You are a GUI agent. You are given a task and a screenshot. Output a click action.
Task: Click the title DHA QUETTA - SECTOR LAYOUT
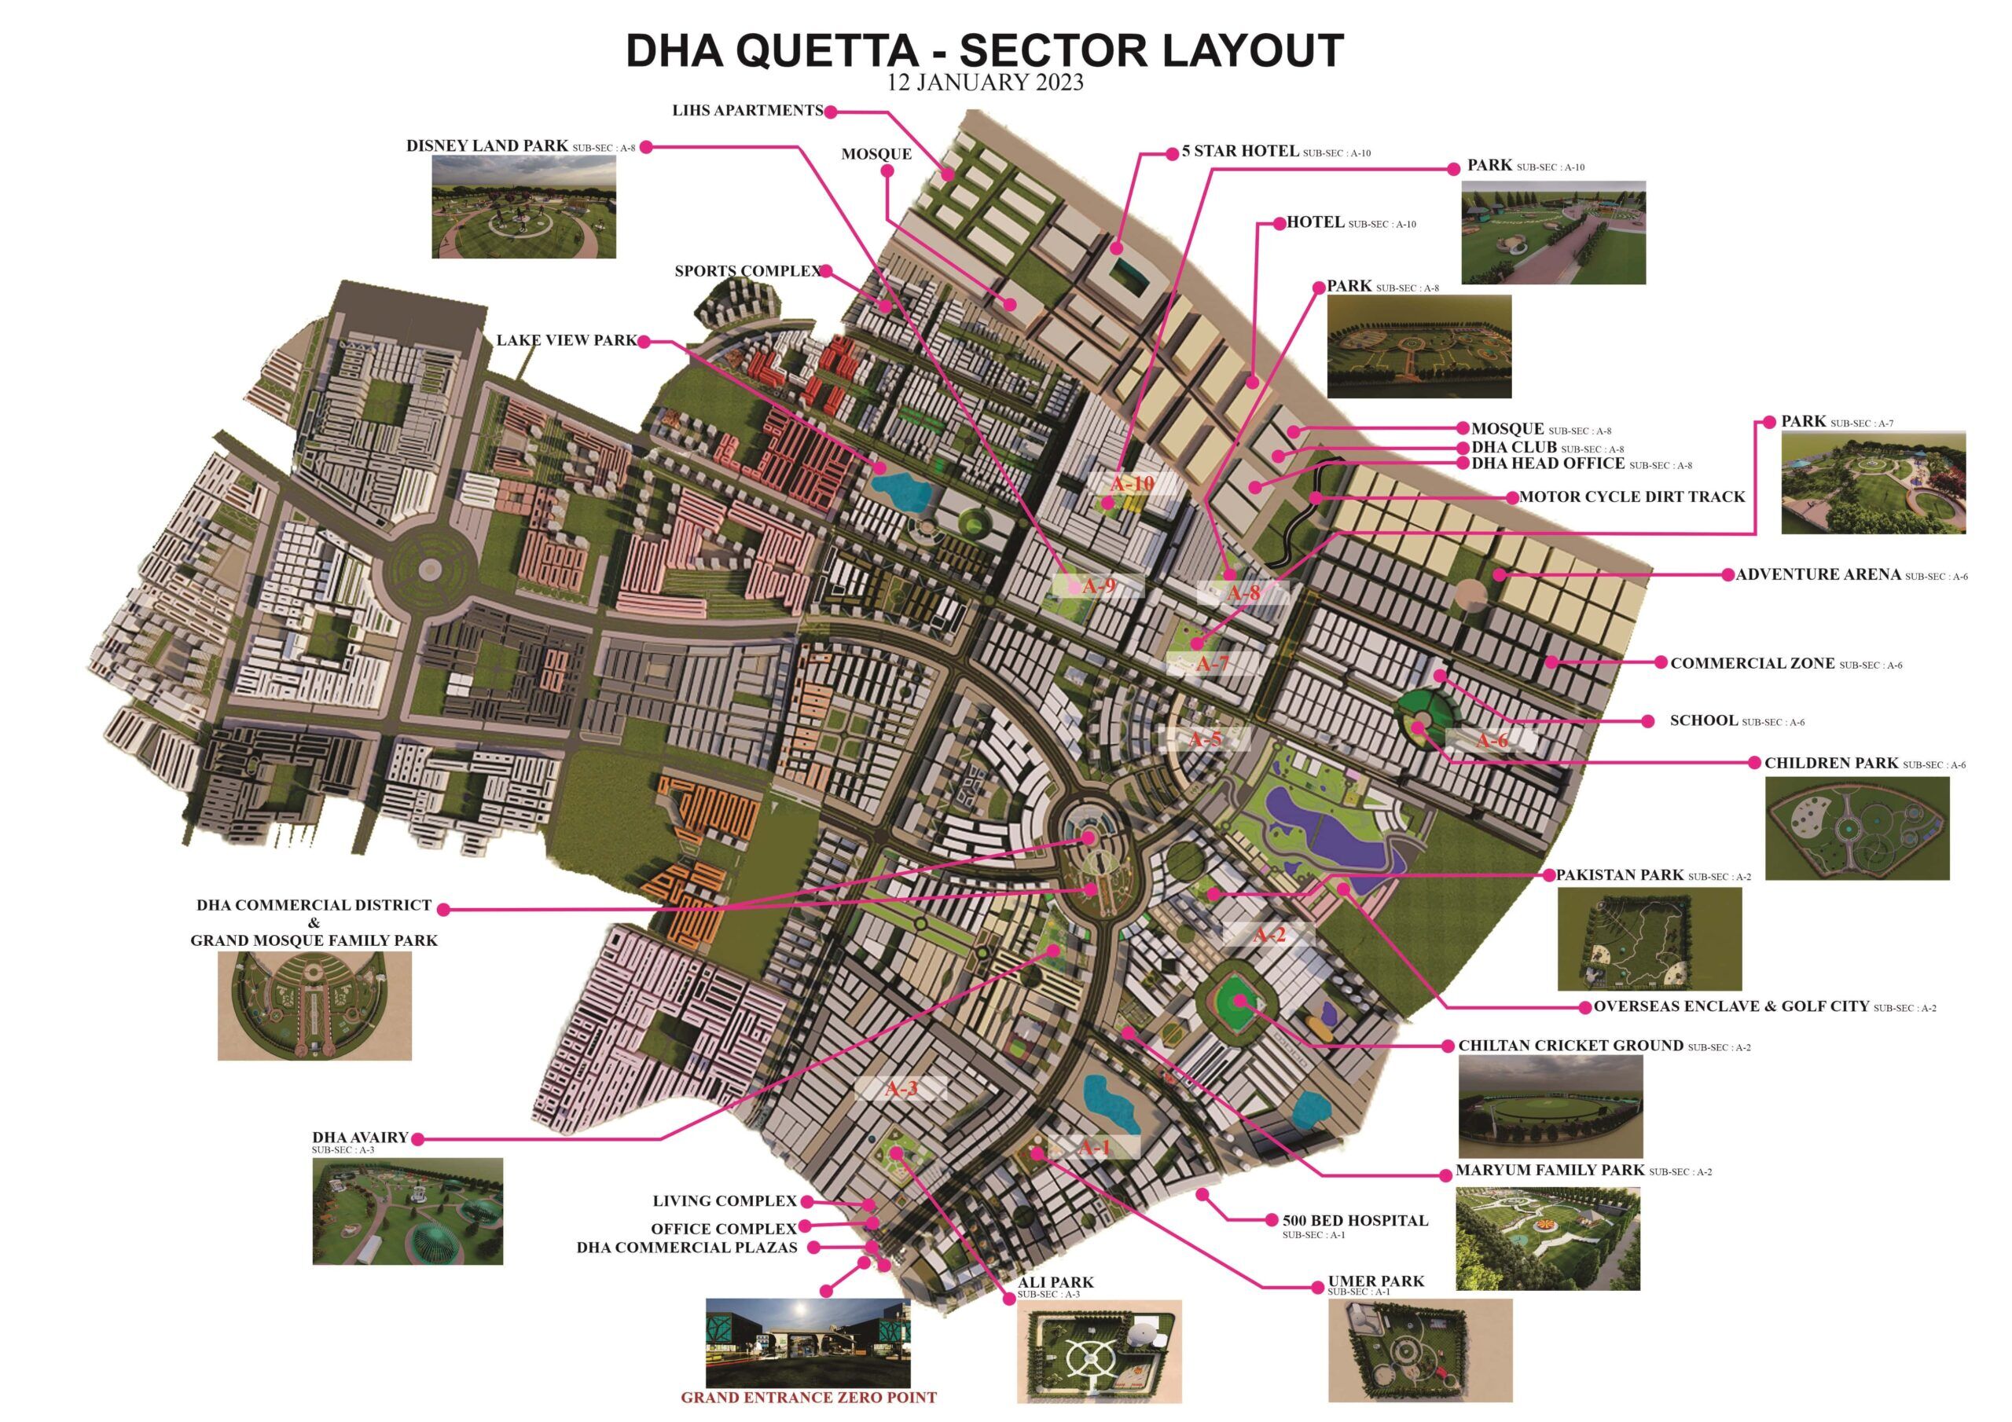tap(984, 51)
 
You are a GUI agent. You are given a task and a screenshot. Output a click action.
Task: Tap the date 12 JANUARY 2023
tap(985, 83)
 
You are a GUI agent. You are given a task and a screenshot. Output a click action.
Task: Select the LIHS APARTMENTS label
tap(747, 112)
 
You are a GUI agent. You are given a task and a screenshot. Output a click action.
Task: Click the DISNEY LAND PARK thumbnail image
tap(523, 207)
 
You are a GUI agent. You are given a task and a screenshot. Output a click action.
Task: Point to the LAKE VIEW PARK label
tap(566, 341)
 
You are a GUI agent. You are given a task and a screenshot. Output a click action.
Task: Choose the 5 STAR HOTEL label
tap(1239, 152)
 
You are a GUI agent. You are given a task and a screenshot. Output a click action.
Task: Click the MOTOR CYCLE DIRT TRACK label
tap(1632, 497)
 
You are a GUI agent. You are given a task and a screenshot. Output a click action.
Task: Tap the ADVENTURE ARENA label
tap(1819, 575)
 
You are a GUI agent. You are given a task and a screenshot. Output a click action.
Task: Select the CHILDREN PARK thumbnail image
tap(1857, 828)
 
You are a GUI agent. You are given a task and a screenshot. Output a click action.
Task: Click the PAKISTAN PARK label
tap(1619, 875)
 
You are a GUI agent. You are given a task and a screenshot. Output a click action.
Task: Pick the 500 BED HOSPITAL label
tap(1355, 1220)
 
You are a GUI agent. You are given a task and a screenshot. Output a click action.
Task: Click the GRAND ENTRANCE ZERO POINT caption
tap(808, 1398)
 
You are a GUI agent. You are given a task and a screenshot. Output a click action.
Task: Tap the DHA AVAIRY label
tap(360, 1138)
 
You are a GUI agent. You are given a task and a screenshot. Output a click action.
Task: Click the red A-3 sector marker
tap(901, 1089)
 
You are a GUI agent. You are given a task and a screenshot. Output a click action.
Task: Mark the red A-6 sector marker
tap(1492, 741)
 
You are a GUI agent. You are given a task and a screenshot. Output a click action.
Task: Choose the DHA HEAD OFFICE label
tap(1548, 464)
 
